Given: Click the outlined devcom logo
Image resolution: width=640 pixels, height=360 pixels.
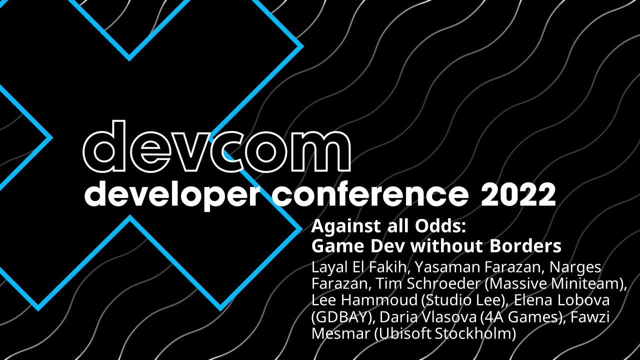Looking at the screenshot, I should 217,146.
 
